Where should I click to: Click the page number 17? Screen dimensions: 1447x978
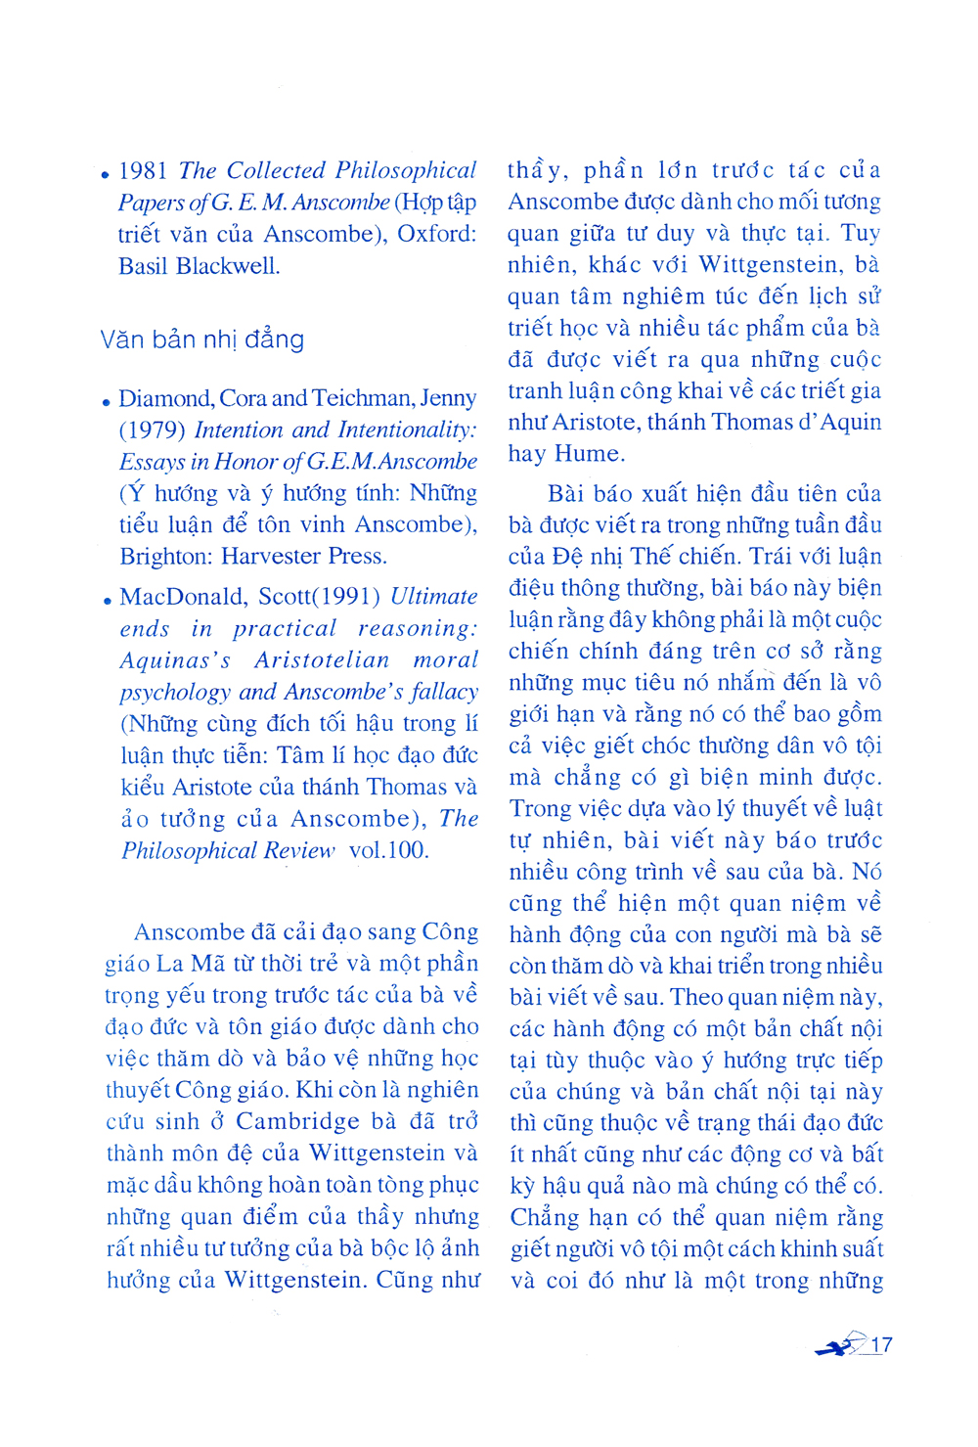[x=881, y=1344]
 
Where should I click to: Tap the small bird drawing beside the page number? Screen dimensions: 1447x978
[x=839, y=1346]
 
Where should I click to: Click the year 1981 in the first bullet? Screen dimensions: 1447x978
[x=143, y=171]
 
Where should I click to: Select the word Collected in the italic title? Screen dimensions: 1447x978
[x=276, y=170]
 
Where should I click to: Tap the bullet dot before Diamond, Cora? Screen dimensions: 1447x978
[x=106, y=402]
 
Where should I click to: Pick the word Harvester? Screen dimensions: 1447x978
[x=272, y=557]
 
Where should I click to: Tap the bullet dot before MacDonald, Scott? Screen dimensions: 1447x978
[x=106, y=600]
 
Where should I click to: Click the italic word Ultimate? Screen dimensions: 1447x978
[x=434, y=597]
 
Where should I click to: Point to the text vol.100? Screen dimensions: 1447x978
[x=388, y=850]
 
